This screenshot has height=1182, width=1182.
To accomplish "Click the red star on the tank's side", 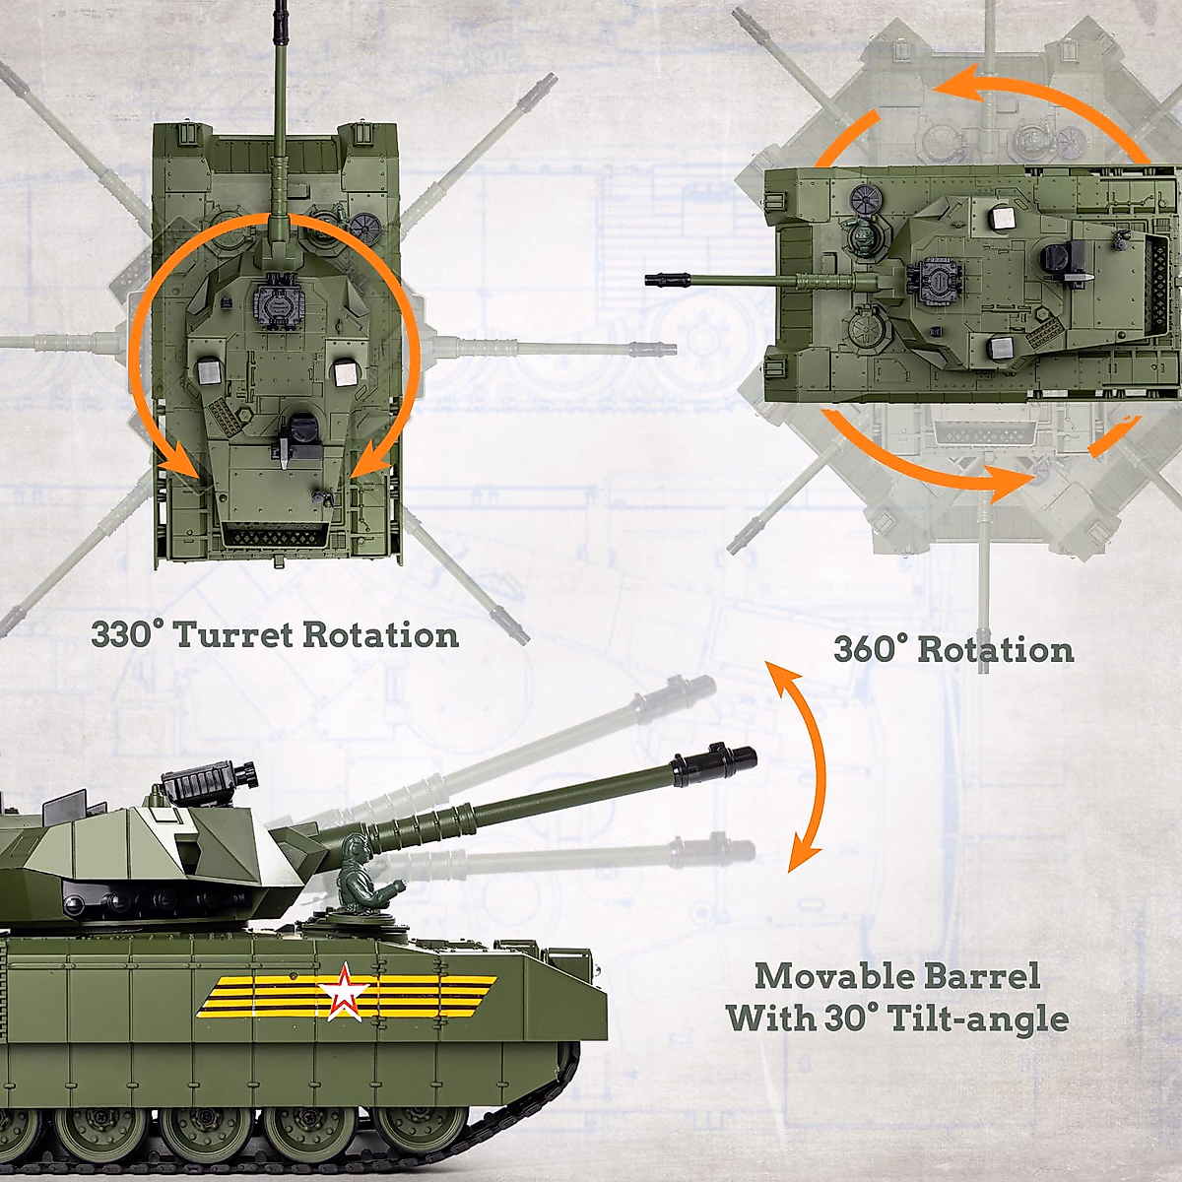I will point(343,994).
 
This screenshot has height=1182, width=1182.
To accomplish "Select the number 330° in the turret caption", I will point(123,635).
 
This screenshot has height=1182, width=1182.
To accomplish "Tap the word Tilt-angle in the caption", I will point(978,1018).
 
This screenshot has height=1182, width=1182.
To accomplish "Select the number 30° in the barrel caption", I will point(845,1018).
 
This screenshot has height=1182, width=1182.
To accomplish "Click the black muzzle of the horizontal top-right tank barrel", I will point(665,280).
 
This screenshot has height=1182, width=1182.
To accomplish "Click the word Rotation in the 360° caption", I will point(995,650).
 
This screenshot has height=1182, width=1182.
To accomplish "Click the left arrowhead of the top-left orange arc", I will point(177,464).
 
